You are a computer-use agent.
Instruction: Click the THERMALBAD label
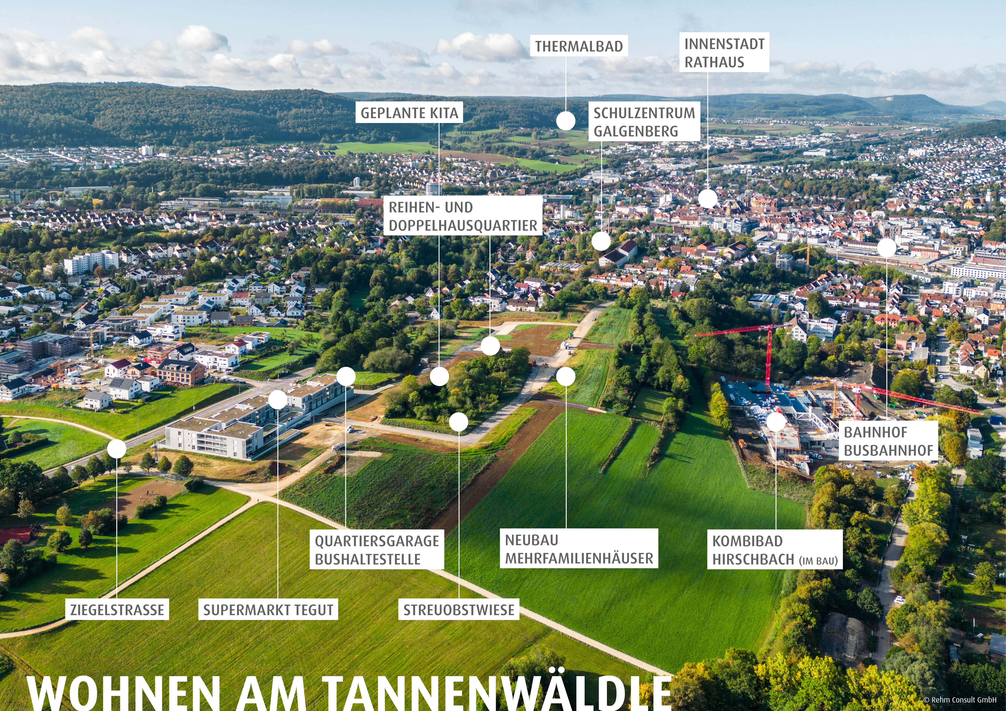click(579, 46)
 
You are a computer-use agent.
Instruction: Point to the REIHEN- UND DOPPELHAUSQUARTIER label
click(463, 216)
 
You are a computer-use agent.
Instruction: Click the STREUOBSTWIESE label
click(458, 609)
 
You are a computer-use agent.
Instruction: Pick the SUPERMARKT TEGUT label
click(268, 609)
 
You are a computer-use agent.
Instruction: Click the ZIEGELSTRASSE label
click(117, 609)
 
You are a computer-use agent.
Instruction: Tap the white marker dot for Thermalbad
click(566, 121)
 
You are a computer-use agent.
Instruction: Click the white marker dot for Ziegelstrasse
click(117, 449)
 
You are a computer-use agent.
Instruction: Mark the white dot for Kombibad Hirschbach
click(776, 421)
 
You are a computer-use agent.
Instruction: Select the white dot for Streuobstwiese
click(458, 421)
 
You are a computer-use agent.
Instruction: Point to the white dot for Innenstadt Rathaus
click(708, 199)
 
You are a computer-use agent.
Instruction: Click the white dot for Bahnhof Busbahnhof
click(886, 248)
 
